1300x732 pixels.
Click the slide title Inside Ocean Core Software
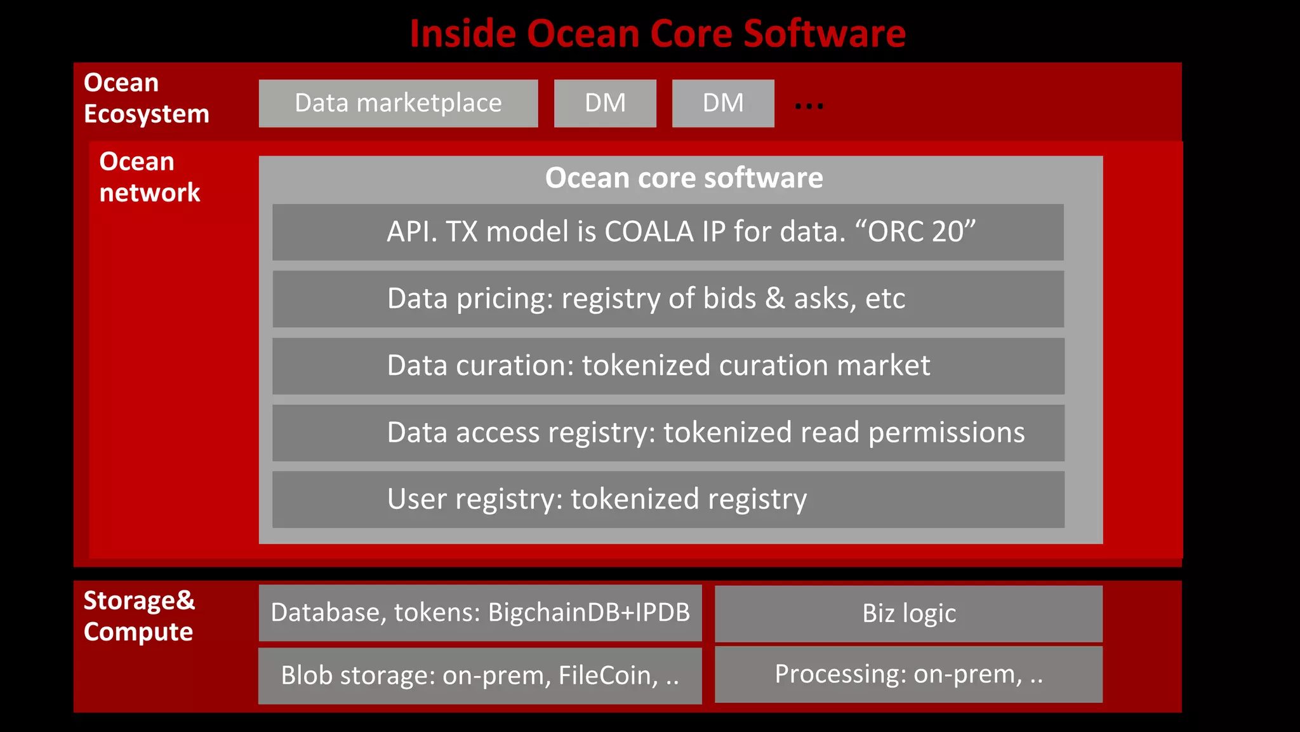click(657, 33)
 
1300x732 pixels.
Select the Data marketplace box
click(398, 103)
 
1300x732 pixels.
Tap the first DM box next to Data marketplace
click(605, 103)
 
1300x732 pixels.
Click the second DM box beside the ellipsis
click(723, 103)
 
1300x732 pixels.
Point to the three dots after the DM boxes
click(809, 106)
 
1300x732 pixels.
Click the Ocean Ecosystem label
click(146, 98)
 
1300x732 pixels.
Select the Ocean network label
click(149, 177)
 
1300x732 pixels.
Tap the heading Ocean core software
click(684, 178)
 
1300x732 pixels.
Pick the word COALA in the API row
click(649, 232)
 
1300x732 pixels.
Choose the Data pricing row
click(668, 299)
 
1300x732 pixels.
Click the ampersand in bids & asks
click(774, 299)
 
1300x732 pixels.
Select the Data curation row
click(668, 366)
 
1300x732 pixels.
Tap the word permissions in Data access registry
click(946, 433)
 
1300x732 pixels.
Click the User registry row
click(668, 499)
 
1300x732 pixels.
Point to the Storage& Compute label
click(139, 616)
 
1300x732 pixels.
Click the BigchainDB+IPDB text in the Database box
click(588, 613)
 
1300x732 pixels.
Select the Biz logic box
click(908, 614)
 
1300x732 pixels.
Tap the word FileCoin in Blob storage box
click(608, 675)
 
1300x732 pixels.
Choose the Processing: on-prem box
click(908, 674)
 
